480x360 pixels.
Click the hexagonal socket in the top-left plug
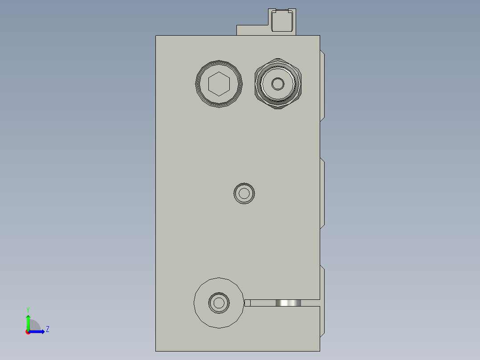pyautogui.click(x=219, y=84)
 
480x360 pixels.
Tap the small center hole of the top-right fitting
pyautogui.click(x=278, y=84)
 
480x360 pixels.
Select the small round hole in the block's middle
pyautogui.click(x=244, y=193)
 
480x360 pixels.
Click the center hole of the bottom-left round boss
pyautogui.click(x=219, y=303)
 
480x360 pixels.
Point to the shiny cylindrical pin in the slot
pyautogui.click(x=288, y=303)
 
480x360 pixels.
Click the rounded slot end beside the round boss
pyautogui.click(x=248, y=303)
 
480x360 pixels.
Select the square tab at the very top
pyautogui.click(x=282, y=20)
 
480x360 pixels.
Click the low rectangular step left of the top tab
pyautogui.click(x=252, y=30)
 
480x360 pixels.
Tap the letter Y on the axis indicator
pyautogui.click(x=28, y=309)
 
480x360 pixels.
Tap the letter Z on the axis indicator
pyautogui.click(x=47, y=329)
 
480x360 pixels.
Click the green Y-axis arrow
pyautogui.click(x=28, y=322)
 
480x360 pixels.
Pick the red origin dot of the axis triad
pyautogui.click(x=28, y=332)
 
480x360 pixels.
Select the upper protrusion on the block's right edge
pyautogui.click(x=322, y=86)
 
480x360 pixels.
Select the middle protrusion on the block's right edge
pyautogui.click(x=322, y=193)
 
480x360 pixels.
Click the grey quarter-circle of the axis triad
pyautogui.click(x=34, y=326)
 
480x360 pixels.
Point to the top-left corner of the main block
pyautogui.click(x=156, y=36)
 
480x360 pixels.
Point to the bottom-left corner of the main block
pyautogui.click(x=156, y=351)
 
